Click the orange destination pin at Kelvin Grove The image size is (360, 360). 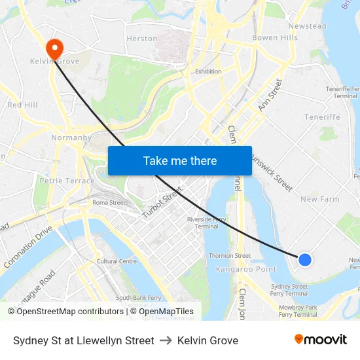click(54, 46)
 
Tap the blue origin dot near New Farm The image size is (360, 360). click(304, 260)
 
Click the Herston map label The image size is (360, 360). click(142, 39)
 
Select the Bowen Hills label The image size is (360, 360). click(274, 38)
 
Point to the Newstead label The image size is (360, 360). click(307, 26)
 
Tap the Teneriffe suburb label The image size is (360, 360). click(322, 117)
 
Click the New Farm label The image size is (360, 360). click(319, 199)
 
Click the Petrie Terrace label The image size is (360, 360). click(62, 180)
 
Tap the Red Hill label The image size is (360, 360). click(22, 105)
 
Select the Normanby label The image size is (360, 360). click(71, 138)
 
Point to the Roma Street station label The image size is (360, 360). click(109, 203)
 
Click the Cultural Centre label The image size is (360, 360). click(117, 261)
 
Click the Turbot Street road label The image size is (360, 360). click(162, 202)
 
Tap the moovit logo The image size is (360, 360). click(320, 340)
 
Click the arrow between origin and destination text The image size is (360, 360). click(166, 340)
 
